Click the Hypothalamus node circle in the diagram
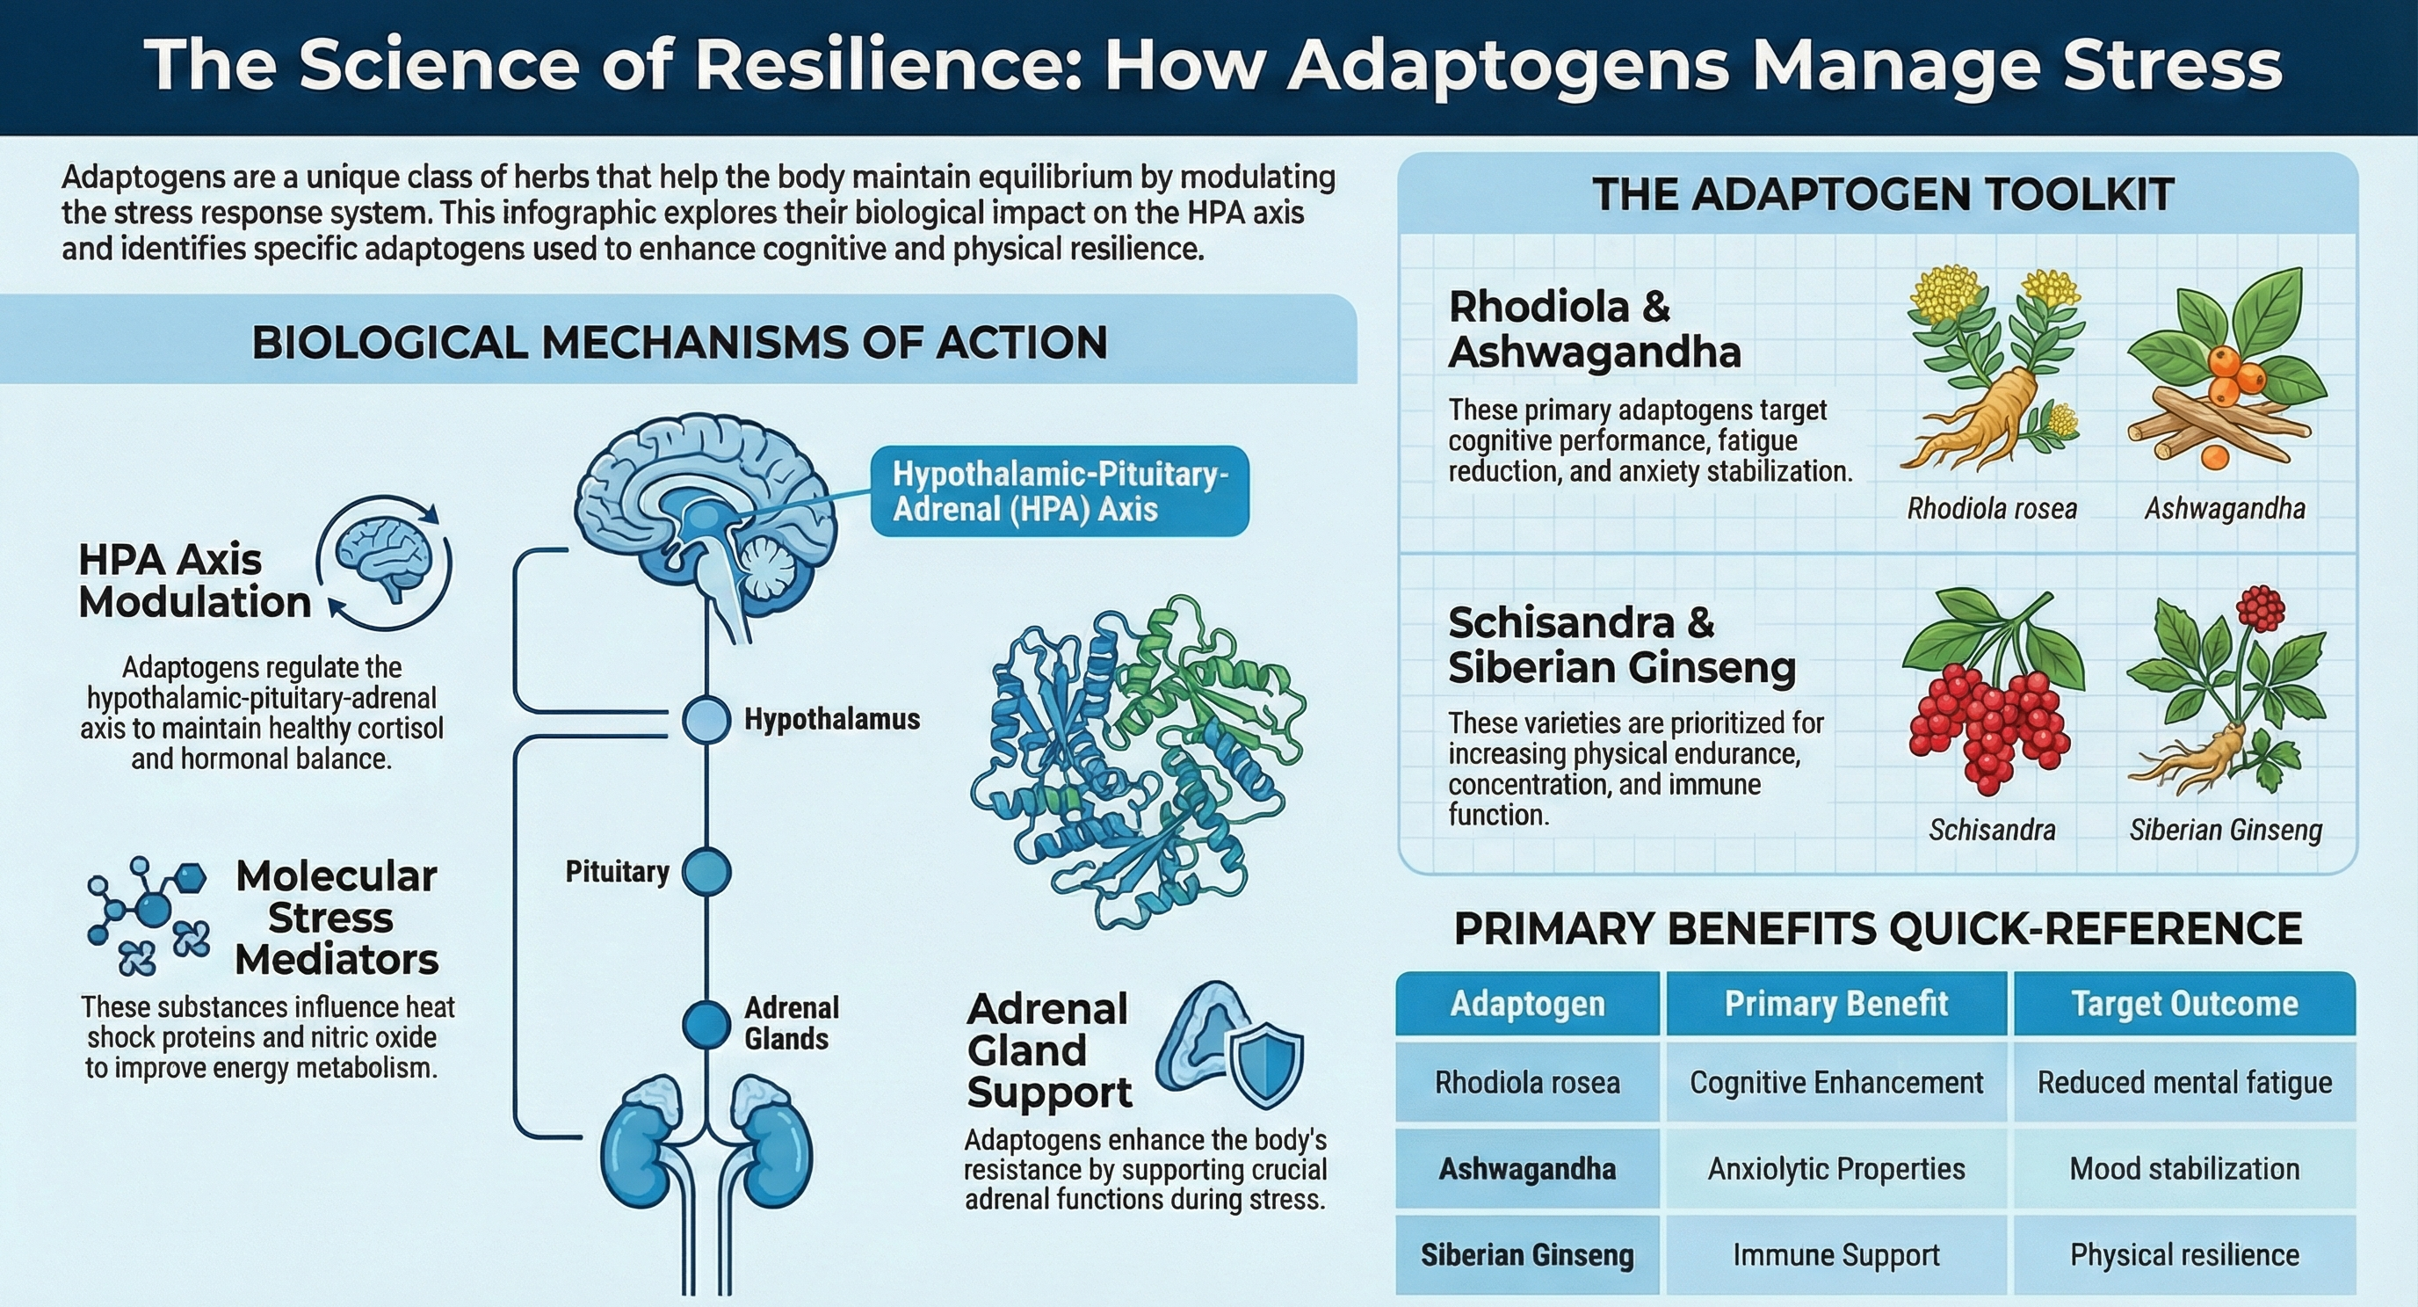click(x=706, y=720)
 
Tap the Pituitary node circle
click(x=706, y=871)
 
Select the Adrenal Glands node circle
click(x=706, y=1023)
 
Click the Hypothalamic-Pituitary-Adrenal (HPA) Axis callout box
click(x=1060, y=491)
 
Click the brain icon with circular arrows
click(x=386, y=561)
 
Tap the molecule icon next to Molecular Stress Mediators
click(x=148, y=912)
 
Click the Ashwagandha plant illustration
click(x=2225, y=371)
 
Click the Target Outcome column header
click(x=2184, y=1004)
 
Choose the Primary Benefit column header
click(x=1836, y=1004)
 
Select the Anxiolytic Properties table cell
click(x=1836, y=1169)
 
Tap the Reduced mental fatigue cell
click(x=2184, y=1083)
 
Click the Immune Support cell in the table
click(x=1836, y=1255)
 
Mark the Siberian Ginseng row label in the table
click(x=1527, y=1255)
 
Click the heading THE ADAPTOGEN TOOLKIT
click(x=1883, y=194)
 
